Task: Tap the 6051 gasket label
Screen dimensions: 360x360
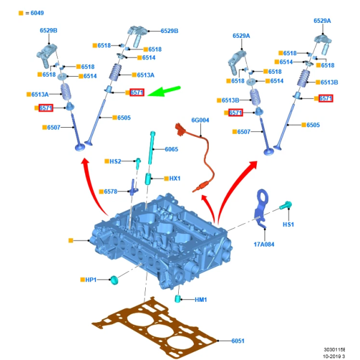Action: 238,341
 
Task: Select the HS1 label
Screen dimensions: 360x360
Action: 289,224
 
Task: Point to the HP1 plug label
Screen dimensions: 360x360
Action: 90,280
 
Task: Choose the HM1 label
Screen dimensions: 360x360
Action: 200,299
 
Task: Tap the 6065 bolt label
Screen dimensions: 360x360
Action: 171,149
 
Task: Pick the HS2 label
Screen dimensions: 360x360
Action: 115,161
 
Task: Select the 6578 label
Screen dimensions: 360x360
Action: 110,191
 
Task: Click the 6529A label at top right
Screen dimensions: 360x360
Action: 322,20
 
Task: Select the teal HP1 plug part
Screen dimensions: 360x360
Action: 112,280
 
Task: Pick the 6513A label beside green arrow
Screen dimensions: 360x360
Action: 146,74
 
